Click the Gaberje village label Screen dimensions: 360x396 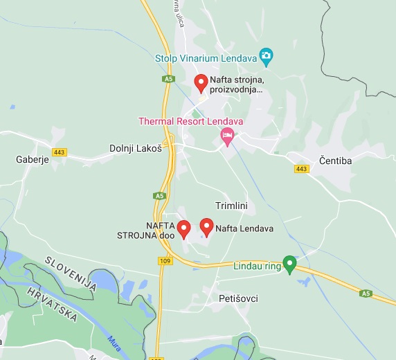31,159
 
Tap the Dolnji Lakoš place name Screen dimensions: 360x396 136,148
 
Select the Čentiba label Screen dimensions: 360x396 336,161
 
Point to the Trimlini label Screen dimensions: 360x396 231,206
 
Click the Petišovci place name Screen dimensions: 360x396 237,298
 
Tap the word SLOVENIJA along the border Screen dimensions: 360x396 69,273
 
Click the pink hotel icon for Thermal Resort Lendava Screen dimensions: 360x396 226,138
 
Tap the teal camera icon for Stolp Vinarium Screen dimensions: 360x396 265,55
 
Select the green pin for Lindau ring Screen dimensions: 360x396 290,264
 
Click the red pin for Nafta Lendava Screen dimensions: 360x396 206,226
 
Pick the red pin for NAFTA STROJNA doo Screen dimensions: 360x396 183,228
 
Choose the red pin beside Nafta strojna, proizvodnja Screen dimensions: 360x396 201,83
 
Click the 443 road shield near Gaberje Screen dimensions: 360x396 60,152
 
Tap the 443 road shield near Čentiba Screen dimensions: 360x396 301,169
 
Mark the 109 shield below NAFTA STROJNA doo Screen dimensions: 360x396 165,260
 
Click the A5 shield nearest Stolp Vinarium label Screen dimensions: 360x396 168,79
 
